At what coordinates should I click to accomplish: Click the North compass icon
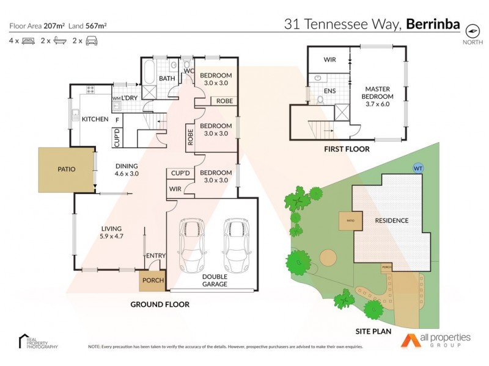pos(472,30)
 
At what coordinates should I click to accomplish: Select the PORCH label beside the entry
pos(152,281)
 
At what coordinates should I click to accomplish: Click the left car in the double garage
pos(190,246)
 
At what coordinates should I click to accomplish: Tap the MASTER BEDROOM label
pos(377,96)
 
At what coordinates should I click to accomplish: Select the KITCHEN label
pos(95,119)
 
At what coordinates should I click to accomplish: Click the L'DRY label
pos(128,98)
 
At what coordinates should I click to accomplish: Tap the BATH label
pos(167,79)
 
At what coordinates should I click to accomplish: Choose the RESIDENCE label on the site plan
pos(391,220)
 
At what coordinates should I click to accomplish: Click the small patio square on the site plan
pos(350,221)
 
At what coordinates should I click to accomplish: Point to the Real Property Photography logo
pos(38,342)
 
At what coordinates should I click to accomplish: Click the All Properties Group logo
pos(435,340)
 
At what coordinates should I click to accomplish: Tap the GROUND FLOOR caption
pos(160,304)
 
